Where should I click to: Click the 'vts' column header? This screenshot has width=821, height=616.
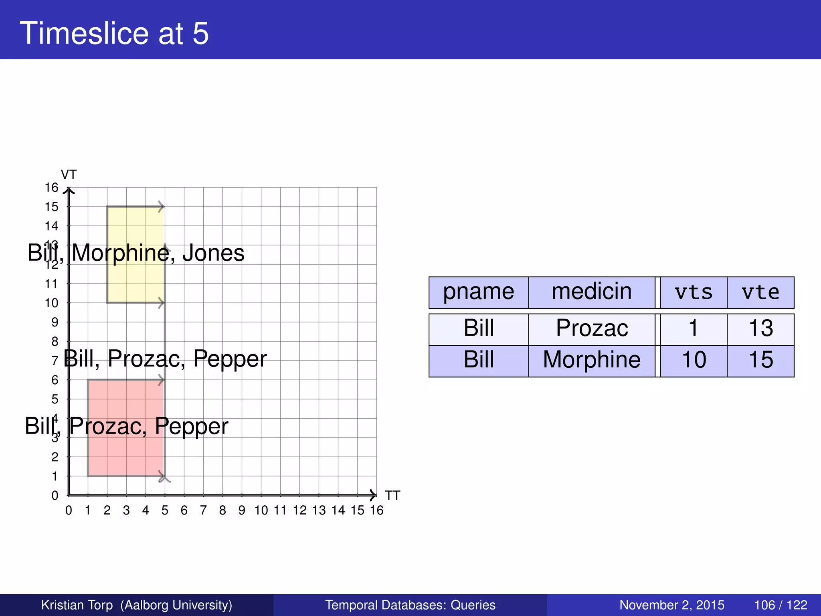tap(694, 292)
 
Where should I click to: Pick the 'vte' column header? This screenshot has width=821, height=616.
tap(760, 292)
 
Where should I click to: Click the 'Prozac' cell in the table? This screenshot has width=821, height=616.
tap(592, 328)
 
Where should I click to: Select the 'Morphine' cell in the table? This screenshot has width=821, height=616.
tap(592, 360)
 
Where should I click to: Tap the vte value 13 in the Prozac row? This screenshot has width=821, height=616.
tap(760, 328)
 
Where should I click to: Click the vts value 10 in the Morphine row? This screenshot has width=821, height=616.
tap(694, 360)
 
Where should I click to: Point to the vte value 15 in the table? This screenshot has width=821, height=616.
tap(760, 360)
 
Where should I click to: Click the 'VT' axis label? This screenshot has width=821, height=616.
tap(69, 175)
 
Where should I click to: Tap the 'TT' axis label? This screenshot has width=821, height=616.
tap(392, 496)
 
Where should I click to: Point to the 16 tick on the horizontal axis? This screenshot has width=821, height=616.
tap(376, 511)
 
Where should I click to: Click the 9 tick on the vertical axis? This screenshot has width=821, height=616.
tap(55, 322)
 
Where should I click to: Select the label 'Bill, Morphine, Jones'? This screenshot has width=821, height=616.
tap(136, 253)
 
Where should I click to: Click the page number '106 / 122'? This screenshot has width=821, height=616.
tap(780, 605)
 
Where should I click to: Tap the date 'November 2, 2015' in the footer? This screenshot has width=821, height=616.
tap(671, 605)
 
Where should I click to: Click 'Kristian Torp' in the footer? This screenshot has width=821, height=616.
tap(77, 605)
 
